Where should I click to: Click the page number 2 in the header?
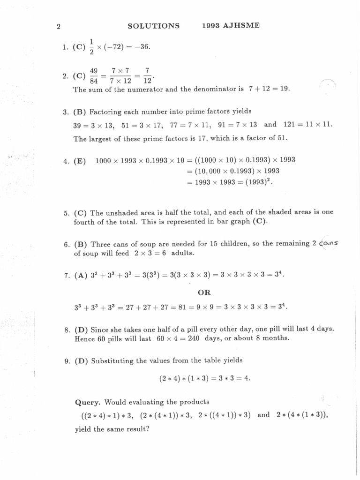(x=58, y=26)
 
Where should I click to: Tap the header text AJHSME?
(x=241, y=26)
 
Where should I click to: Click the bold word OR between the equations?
(x=204, y=292)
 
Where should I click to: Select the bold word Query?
(x=88, y=402)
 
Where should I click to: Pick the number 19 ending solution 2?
(x=285, y=89)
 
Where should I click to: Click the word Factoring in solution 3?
(x=106, y=112)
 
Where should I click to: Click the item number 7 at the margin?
(x=67, y=276)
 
